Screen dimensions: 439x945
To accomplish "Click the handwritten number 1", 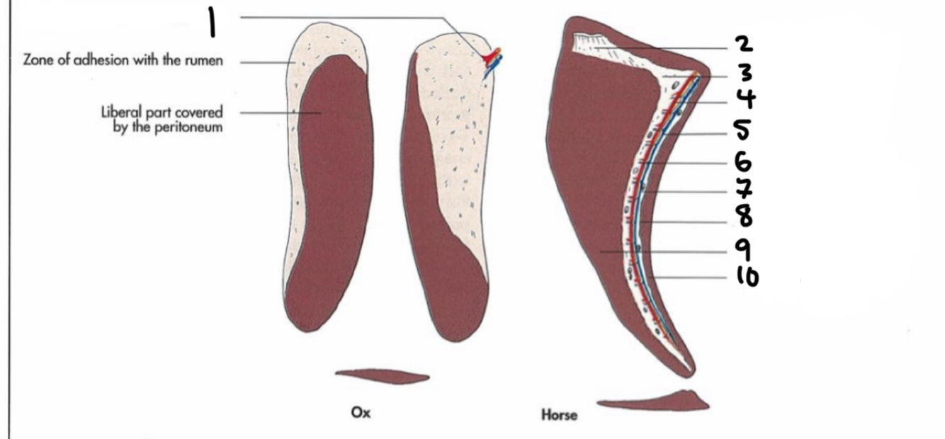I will pyautogui.click(x=210, y=22).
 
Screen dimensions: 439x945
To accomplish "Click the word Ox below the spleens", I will pyautogui.click(x=361, y=413).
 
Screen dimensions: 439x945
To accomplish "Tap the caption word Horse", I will pyautogui.click(x=559, y=415).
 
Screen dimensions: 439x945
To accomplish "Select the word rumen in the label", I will pyautogui.click(x=205, y=61).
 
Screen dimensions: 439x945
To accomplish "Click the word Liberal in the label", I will pyautogui.click(x=119, y=113).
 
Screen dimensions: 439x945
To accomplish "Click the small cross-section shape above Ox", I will pyautogui.click(x=382, y=376).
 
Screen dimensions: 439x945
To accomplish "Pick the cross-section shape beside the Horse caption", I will pyautogui.click(x=655, y=402).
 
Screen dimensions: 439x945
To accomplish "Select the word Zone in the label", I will pyautogui.click(x=38, y=61).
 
